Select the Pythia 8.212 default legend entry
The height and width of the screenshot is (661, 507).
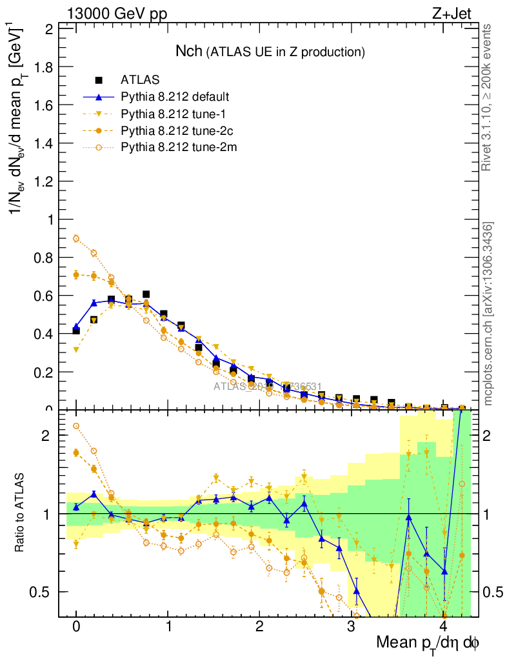(175, 97)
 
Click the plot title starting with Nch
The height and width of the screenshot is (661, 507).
(271, 51)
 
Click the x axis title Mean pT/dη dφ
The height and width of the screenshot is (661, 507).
(428, 643)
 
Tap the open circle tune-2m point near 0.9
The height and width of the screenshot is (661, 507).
(76, 238)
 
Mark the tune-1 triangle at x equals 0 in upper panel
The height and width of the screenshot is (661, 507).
(76, 350)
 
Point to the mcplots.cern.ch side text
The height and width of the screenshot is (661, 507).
(488, 313)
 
